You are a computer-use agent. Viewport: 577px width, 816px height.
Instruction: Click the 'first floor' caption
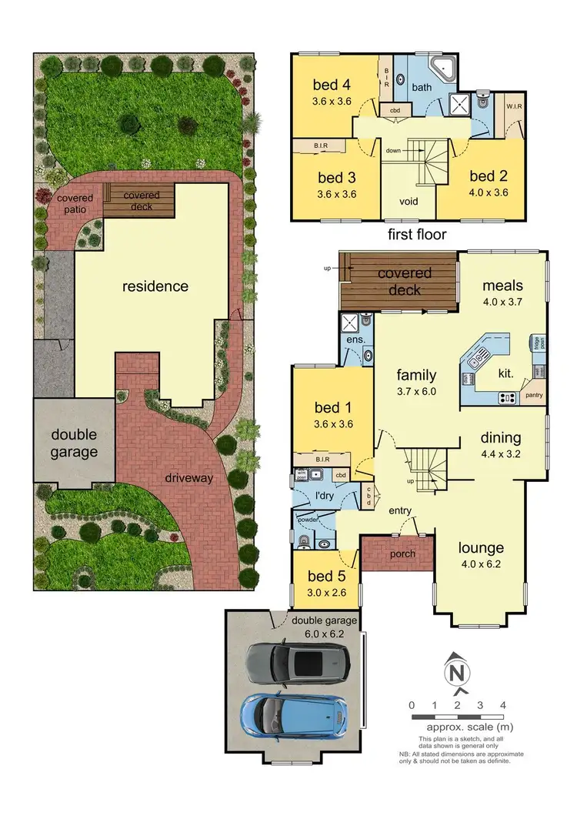click(419, 233)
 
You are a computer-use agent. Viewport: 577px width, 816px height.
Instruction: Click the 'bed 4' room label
click(332, 84)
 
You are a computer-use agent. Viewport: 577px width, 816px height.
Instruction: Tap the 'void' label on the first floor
click(409, 202)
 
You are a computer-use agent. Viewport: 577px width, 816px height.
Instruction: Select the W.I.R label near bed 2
click(515, 100)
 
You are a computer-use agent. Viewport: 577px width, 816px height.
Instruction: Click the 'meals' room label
click(502, 284)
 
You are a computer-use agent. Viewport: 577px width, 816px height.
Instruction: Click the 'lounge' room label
click(481, 548)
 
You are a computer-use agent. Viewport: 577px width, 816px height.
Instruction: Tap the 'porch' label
click(398, 553)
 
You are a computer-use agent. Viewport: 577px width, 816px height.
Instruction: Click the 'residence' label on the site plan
click(155, 286)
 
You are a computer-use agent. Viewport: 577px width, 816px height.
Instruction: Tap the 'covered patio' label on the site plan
click(75, 203)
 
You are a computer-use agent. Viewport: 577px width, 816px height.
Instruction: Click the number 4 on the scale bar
click(502, 705)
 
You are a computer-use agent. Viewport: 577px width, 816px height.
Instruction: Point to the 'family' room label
click(416, 376)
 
